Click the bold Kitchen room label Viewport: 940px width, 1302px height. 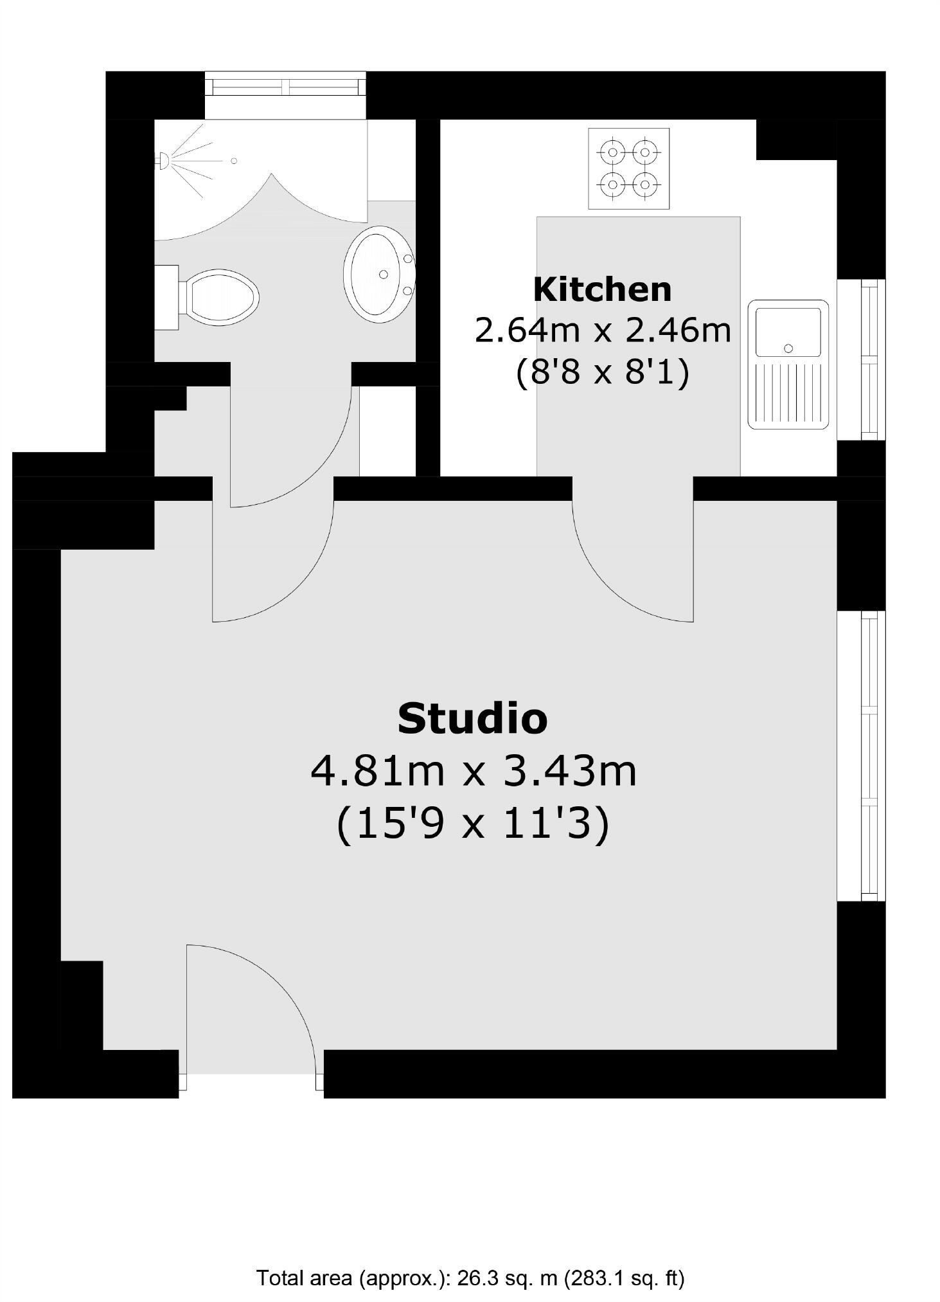602,289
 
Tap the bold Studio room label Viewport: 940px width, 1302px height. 472,718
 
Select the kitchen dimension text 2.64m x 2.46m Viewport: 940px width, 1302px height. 603,330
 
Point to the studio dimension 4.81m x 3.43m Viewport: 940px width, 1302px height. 474,771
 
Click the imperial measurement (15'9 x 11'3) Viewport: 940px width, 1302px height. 473,824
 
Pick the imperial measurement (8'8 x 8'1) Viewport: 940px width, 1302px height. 602,372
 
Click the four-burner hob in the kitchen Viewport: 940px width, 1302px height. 628,168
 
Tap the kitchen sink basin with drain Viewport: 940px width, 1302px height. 788,332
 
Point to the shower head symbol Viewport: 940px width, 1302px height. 163,160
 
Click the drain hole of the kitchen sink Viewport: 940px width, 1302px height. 788,348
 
